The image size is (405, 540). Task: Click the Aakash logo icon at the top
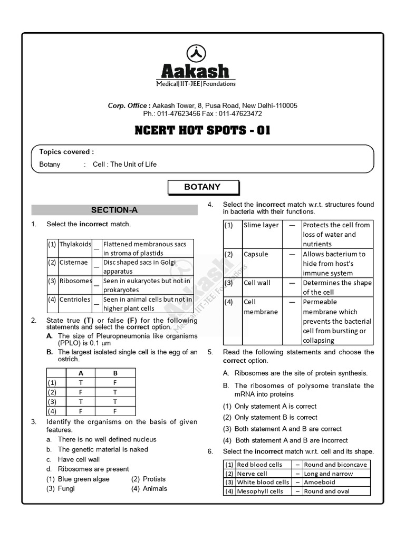click(197, 53)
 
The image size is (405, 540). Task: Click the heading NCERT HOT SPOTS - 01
click(202, 130)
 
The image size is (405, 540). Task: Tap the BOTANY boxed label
click(202, 187)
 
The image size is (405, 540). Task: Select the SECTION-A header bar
click(114, 210)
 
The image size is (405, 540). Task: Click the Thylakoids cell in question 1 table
click(74, 245)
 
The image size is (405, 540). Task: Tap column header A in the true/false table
click(81, 373)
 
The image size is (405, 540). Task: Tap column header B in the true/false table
click(115, 373)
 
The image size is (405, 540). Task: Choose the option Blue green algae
click(83, 479)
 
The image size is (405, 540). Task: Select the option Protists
click(154, 479)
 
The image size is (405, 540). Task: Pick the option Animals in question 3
click(155, 488)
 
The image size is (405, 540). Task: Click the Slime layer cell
click(261, 225)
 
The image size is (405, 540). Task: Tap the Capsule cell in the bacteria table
click(256, 254)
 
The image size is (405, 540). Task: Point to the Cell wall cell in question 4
click(257, 283)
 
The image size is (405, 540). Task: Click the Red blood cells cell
click(259, 465)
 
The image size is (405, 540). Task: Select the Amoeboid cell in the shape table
click(320, 482)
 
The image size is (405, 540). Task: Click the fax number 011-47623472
click(240, 113)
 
